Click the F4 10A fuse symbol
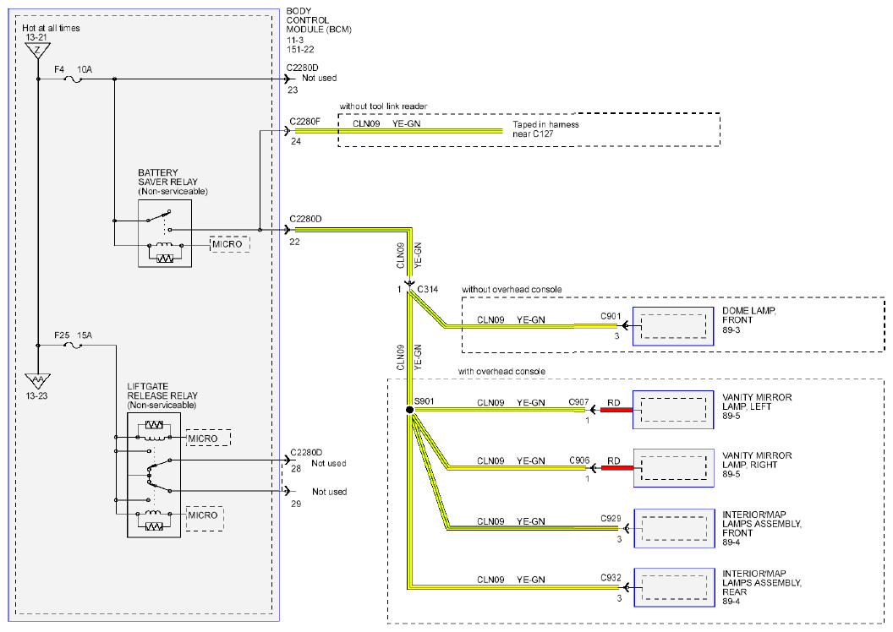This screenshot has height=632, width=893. (74, 79)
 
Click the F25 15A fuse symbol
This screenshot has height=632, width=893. (73, 346)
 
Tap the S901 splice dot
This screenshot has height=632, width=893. (409, 410)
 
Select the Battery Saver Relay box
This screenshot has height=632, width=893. (165, 233)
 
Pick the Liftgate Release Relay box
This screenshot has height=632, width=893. (154, 475)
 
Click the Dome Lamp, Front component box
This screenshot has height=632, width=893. (673, 326)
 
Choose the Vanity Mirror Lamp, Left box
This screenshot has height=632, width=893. (673, 410)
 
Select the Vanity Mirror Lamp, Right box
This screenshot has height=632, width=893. (674, 468)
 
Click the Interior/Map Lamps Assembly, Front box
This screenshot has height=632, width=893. (674, 528)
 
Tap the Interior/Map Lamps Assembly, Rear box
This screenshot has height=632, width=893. (674, 587)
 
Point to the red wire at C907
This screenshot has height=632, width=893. (616, 410)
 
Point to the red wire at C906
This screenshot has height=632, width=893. (616, 468)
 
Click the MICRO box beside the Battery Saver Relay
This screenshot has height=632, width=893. (229, 245)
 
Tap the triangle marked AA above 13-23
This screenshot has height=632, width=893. (37, 380)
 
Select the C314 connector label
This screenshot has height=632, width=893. (427, 290)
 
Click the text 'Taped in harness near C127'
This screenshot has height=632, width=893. (545, 129)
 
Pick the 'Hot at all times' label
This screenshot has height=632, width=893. (51, 28)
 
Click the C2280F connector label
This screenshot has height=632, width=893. (305, 121)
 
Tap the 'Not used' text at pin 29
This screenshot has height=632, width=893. (329, 492)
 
